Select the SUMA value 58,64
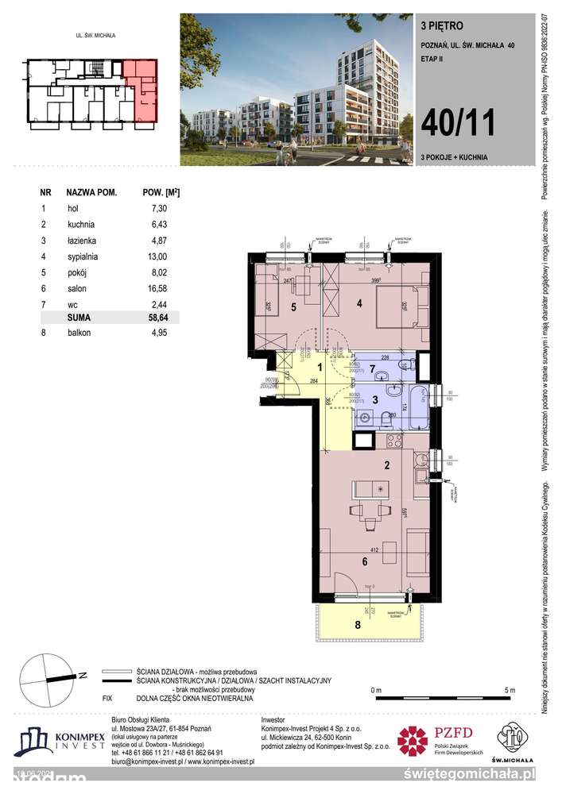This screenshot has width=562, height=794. (x=157, y=317)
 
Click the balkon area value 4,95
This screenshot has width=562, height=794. (x=157, y=332)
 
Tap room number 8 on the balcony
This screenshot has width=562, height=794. (x=357, y=624)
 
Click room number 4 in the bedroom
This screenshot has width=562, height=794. (x=359, y=303)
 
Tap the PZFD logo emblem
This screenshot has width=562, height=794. (x=413, y=742)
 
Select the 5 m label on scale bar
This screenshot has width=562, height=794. (x=509, y=689)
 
